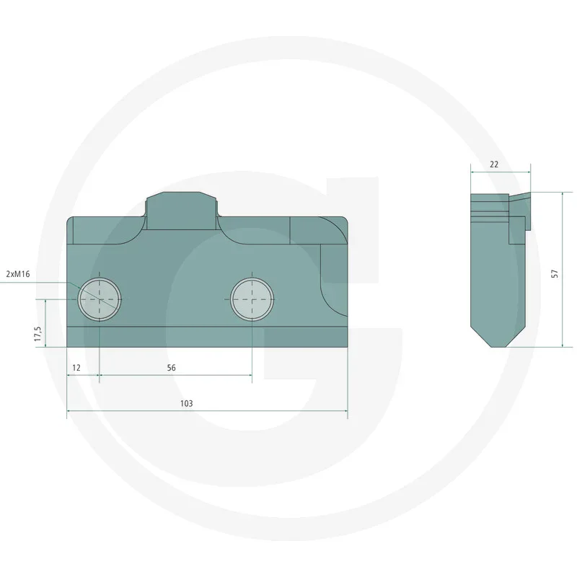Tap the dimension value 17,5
click(38, 335)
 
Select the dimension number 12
click(76, 368)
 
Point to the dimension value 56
click(171, 368)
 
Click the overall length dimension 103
click(187, 404)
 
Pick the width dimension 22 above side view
click(494, 164)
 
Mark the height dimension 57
click(554, 273)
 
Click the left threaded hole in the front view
click(100, 299)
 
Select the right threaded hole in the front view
click(252, 299)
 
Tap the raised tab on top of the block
click(182, 209)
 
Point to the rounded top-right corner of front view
click(341, 225)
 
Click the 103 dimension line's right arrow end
click(346, 413)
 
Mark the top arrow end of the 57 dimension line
click(562, 194)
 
